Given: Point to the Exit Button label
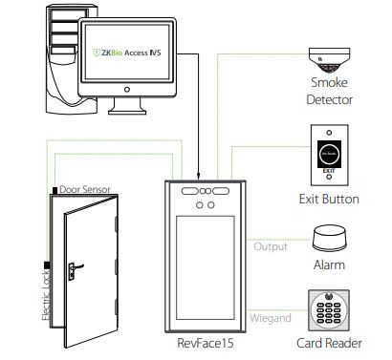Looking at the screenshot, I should (329, 200).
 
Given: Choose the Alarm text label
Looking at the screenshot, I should (329, 265).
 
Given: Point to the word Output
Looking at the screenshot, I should (269, 246).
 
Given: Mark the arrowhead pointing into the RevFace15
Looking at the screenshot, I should (199, 178).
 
